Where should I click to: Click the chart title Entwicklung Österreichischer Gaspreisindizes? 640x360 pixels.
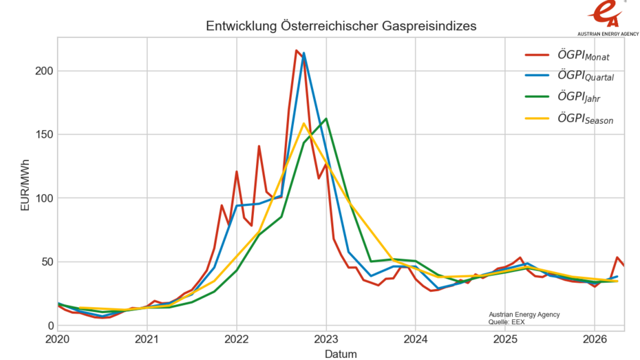click(341, 25)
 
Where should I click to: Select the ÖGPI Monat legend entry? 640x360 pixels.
click(575, 55)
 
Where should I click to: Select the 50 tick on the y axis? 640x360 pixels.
click(45, 262)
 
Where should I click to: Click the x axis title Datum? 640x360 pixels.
click(341, 353)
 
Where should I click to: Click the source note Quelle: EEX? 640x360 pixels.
click(508, 321)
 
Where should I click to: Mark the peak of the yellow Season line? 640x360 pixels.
click(303, 123)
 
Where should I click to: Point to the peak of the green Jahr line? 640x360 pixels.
click(326, 118)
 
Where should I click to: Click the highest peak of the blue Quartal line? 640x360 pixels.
click(303, 53)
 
